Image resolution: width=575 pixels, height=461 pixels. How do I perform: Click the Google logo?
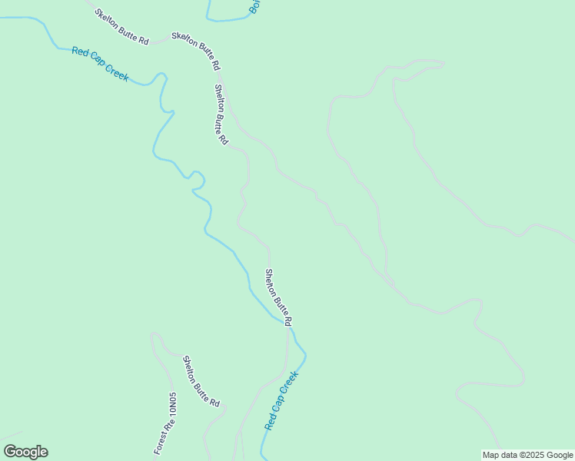tap(25, 452)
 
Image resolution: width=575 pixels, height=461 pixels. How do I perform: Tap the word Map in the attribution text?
tap(491, 455)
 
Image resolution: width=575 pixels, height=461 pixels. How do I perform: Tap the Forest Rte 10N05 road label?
tap(165, 423)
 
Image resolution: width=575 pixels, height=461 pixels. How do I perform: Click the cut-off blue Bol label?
tap(255, 6)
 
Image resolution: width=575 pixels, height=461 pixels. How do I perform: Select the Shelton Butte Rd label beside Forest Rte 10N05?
tap(201, 381)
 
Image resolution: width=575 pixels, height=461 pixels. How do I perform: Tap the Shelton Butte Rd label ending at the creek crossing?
tap(278, 297)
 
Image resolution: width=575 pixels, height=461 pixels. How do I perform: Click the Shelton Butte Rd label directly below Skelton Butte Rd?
tap(221, 114)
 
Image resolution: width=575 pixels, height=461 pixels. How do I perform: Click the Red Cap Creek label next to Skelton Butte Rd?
tap(100, 64)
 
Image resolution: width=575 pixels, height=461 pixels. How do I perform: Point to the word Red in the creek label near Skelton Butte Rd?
tap(80, 53)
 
